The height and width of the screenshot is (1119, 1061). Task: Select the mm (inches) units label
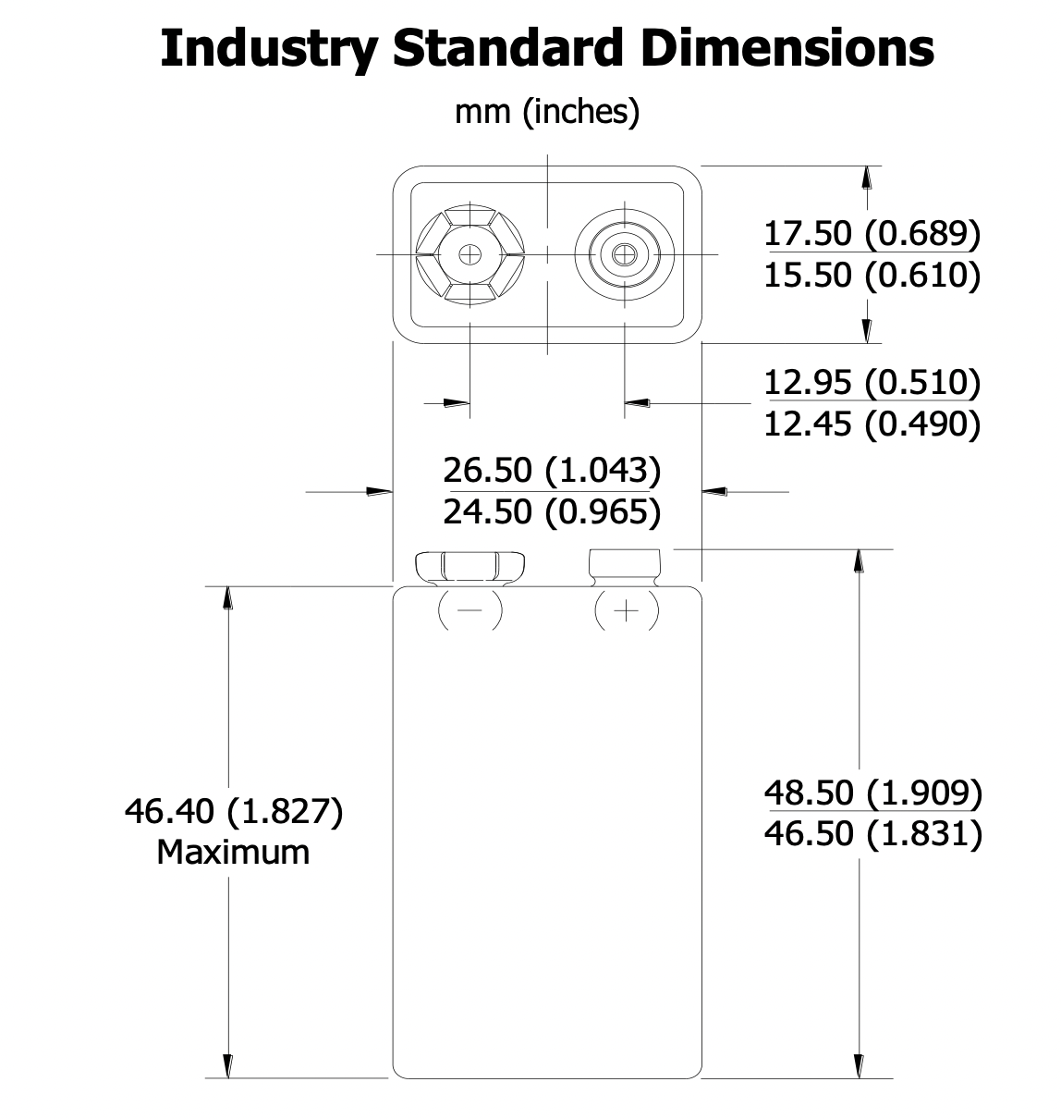pyautogui.click(x=547, y=112)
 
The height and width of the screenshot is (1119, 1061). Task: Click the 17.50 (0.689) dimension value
pyautogui.click(x=872, y=233)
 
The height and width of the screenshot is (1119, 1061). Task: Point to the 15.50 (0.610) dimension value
pyautogui.click(x=872, y=275)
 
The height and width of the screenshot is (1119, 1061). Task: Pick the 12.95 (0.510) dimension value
pyautogui.click(x=872, y=382)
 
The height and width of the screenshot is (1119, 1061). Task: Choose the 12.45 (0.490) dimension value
pyautogui.click(x=872, y=424)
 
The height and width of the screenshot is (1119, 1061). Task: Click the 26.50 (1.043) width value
pyautogui.click(x=552, y=470)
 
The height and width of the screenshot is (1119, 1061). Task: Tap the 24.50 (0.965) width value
pyautogui.click(x=552, y=511)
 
